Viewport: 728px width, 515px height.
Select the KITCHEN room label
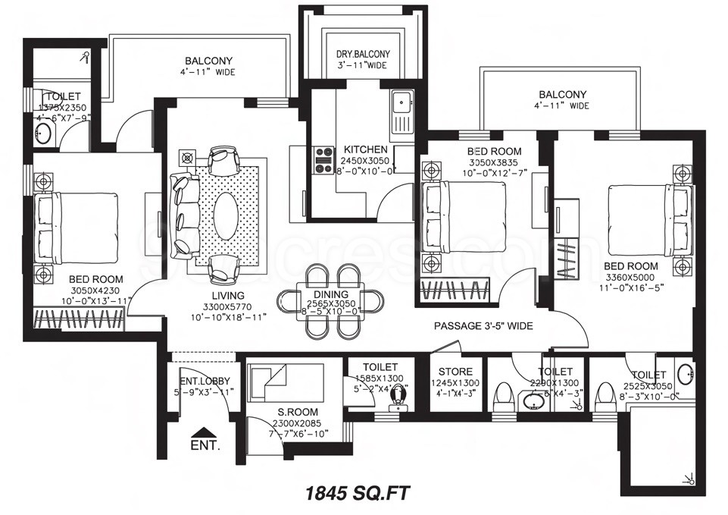365,149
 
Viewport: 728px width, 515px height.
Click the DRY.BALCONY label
363,54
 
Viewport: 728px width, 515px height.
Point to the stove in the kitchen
324,160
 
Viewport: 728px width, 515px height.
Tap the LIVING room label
228,295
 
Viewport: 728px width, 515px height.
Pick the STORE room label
456,372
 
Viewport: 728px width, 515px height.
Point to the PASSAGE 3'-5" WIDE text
483,326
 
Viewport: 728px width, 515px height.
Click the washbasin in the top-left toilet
44,134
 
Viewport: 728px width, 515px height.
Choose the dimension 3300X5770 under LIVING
228,306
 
